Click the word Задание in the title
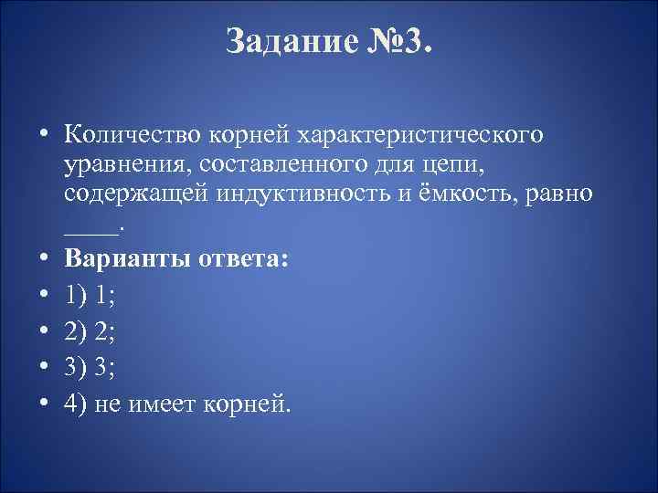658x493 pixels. click(281, 41)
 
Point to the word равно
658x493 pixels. click(569, 194)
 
